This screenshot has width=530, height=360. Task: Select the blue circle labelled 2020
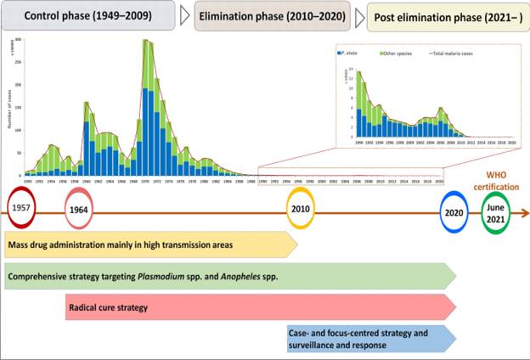point(454,212)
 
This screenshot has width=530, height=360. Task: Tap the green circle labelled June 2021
point(497,212)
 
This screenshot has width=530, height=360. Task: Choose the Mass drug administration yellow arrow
point(149,245)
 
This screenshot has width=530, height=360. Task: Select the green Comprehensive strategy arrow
point(229,276)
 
